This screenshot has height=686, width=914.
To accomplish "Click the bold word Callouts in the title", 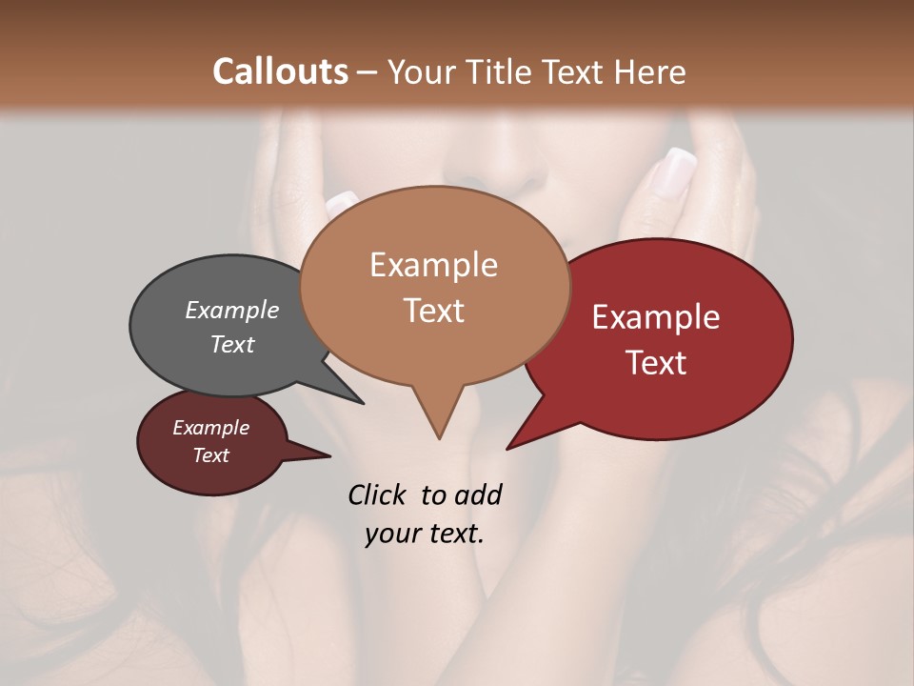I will coord(280,71).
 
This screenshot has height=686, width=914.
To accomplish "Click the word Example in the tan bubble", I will coord(433,265).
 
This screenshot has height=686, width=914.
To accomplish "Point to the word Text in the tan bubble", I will coord(433,311).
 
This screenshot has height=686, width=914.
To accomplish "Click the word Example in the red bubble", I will coord(656,317).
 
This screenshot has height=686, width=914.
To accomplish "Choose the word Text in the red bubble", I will coord(656,363).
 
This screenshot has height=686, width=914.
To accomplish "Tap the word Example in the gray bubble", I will coord(231,311).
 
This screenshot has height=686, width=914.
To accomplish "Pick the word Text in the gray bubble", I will coord(231,344).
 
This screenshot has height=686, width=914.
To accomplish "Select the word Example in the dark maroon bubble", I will coord(210,428).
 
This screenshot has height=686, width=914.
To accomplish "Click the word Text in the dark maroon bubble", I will coord(210,455).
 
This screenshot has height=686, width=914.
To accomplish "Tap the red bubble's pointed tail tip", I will coord(508,448).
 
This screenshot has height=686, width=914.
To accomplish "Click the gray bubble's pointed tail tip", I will coord(362,403).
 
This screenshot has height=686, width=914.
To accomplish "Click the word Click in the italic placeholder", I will coord(378,495).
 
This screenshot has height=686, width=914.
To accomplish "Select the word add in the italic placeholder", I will coord(478,495).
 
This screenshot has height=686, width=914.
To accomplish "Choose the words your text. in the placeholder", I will coord(425,534).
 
